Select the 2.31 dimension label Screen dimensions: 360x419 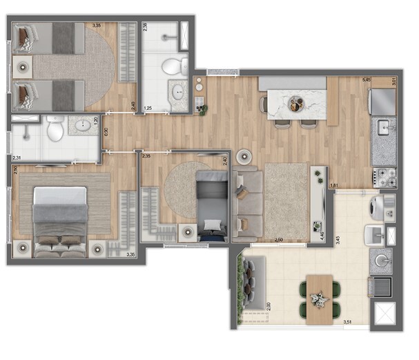click(x=17, y=159)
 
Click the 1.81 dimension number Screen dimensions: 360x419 click(x=334, y=185)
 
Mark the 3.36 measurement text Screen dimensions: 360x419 click(x=130, y=254)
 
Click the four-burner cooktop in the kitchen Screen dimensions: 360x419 click(x=384, y=177)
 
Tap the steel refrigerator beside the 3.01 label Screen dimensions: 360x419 click(x=383, y=102)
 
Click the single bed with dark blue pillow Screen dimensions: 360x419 click(x=211, y=206)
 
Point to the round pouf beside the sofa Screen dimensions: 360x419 click(x=243, y=157)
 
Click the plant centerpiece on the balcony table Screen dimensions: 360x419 click(x=318, y=299)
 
